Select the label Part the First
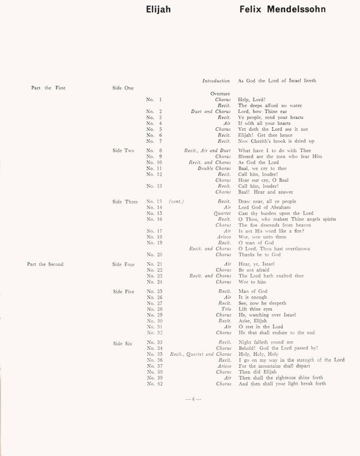(x=48, y=88)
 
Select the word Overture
(x=221, y=94)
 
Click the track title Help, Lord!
(x=252, y=100)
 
